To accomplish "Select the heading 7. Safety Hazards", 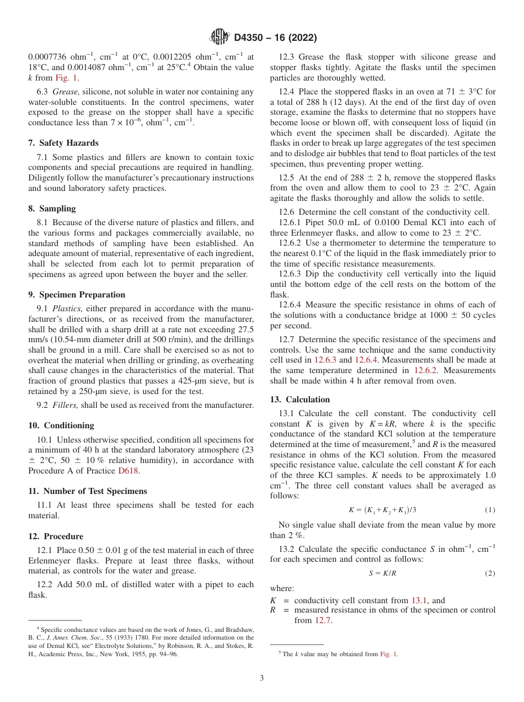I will [x=63, y=143].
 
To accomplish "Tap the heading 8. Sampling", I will [x=52, y=209].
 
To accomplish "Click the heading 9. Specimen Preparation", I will [x=77, y=295].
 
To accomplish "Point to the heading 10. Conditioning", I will [x=61, y=426].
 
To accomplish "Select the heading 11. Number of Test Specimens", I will [x=87, y=491].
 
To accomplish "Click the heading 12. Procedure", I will [x=56, y=536].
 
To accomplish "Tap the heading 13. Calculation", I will [x=300, y=400].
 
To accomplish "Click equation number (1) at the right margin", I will [x=489, y=509].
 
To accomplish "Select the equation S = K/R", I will [x=382, y=573].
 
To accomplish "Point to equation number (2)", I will [x=489, y=573].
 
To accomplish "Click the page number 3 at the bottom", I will [x=262, y=678].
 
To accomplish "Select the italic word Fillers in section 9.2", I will [x=65, y=405].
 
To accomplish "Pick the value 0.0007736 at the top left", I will [x=49, y=57].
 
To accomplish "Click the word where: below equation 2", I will [x=282, y=588].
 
